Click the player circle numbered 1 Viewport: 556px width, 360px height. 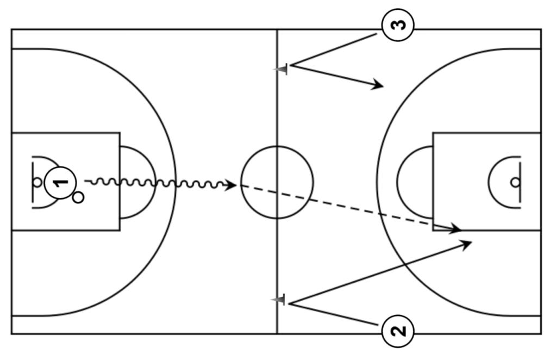tap(61, 182)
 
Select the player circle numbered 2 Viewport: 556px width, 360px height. tap(398, 330)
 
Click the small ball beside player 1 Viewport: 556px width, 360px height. tap(78, 197)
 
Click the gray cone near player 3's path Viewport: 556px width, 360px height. tap(281, 69)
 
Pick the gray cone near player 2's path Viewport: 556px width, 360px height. tap(279, 300)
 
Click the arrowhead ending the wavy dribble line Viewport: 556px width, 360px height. tap(232, 185)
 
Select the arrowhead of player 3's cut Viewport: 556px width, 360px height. tap(379, 85)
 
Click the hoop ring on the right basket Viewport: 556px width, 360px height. tap(515, 182)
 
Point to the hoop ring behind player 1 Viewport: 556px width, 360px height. tap(37, 182)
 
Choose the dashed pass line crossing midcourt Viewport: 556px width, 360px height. tap(348, 207)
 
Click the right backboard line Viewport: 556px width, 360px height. tap(521, 182)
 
